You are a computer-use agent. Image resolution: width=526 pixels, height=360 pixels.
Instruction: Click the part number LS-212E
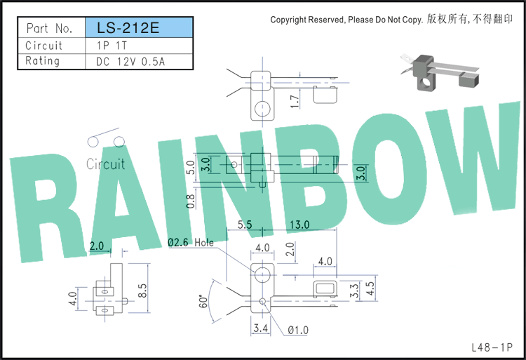128,28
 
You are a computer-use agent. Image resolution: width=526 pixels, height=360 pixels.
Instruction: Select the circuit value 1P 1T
112,46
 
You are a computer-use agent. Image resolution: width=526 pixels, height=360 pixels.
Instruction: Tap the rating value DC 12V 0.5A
130,62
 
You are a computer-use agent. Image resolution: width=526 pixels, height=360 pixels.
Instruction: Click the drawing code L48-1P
492,347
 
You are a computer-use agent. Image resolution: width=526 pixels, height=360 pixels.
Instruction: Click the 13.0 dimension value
299,225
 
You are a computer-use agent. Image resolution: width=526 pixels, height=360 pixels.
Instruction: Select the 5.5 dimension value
245,225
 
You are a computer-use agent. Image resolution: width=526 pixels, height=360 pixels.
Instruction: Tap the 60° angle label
203,302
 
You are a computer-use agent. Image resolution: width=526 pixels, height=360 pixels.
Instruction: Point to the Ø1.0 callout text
298,330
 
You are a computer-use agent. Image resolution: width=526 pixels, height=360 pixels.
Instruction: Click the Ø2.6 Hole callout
191,242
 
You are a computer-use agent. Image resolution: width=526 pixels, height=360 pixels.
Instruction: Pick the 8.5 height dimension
142,291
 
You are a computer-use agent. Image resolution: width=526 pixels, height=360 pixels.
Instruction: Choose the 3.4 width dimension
261,328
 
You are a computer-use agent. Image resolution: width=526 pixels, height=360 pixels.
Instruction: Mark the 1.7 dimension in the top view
294,102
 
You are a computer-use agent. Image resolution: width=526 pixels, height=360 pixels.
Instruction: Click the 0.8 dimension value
190,201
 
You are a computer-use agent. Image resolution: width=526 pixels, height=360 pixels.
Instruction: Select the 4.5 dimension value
370,288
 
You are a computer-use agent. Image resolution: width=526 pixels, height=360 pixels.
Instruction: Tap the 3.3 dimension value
354,291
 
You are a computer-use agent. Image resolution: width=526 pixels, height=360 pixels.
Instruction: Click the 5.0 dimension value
190,167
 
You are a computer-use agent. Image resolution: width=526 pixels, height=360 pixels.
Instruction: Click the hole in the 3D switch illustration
426,83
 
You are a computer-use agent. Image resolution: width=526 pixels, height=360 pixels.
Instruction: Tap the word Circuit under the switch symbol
105,164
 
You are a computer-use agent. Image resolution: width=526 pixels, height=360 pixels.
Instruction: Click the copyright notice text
391,20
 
